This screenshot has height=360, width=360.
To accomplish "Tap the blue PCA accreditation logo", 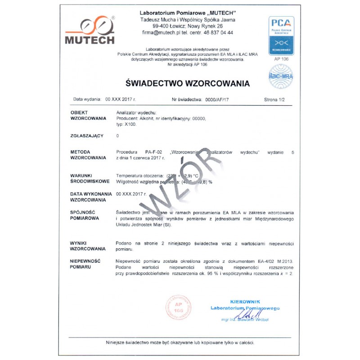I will click(x=281, y=35).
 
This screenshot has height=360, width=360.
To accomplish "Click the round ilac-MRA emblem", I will click(x=281, y=75).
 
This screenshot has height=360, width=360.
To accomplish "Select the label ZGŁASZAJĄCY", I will click(x=87, y=135).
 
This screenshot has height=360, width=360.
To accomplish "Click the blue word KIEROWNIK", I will click(x=245, y=301).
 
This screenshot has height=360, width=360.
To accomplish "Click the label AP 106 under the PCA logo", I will click(x=281, y=58).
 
